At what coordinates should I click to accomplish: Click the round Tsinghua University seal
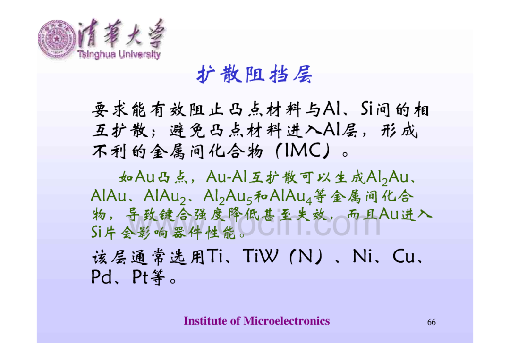(57, 39)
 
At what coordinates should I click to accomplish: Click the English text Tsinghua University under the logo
(119, 55)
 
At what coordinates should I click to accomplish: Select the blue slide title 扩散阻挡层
(255, 75)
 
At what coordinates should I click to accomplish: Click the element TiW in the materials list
(261, 256)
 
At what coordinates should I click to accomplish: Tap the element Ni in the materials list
(363, 256)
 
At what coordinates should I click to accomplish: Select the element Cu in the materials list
(404, 256)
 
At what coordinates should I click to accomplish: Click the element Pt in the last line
(140, 277)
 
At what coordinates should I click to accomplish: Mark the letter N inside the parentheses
(305, 256)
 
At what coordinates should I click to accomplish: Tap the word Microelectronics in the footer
(287, 321)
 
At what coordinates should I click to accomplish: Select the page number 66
(431, 322)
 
